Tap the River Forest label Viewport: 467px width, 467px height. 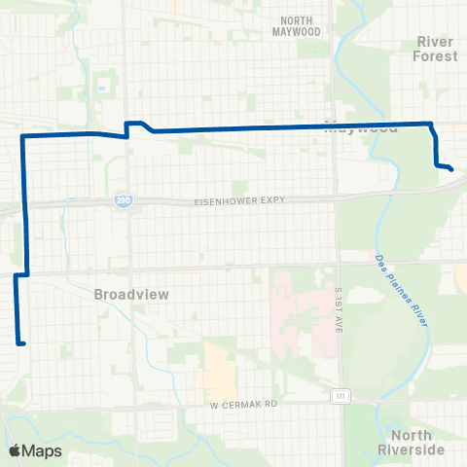pos(435,49)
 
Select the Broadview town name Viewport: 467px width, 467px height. pos(126,293)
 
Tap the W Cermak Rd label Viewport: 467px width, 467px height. pos(243,404)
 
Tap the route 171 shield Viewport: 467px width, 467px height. pos(338,396)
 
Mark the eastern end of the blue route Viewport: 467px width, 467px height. pos(452,170)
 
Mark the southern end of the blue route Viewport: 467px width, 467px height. pos(20,342)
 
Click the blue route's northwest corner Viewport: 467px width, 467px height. pos(22,138)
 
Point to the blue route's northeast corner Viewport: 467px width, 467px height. pos(430,124)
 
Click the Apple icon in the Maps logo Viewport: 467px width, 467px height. pos(14,450)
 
